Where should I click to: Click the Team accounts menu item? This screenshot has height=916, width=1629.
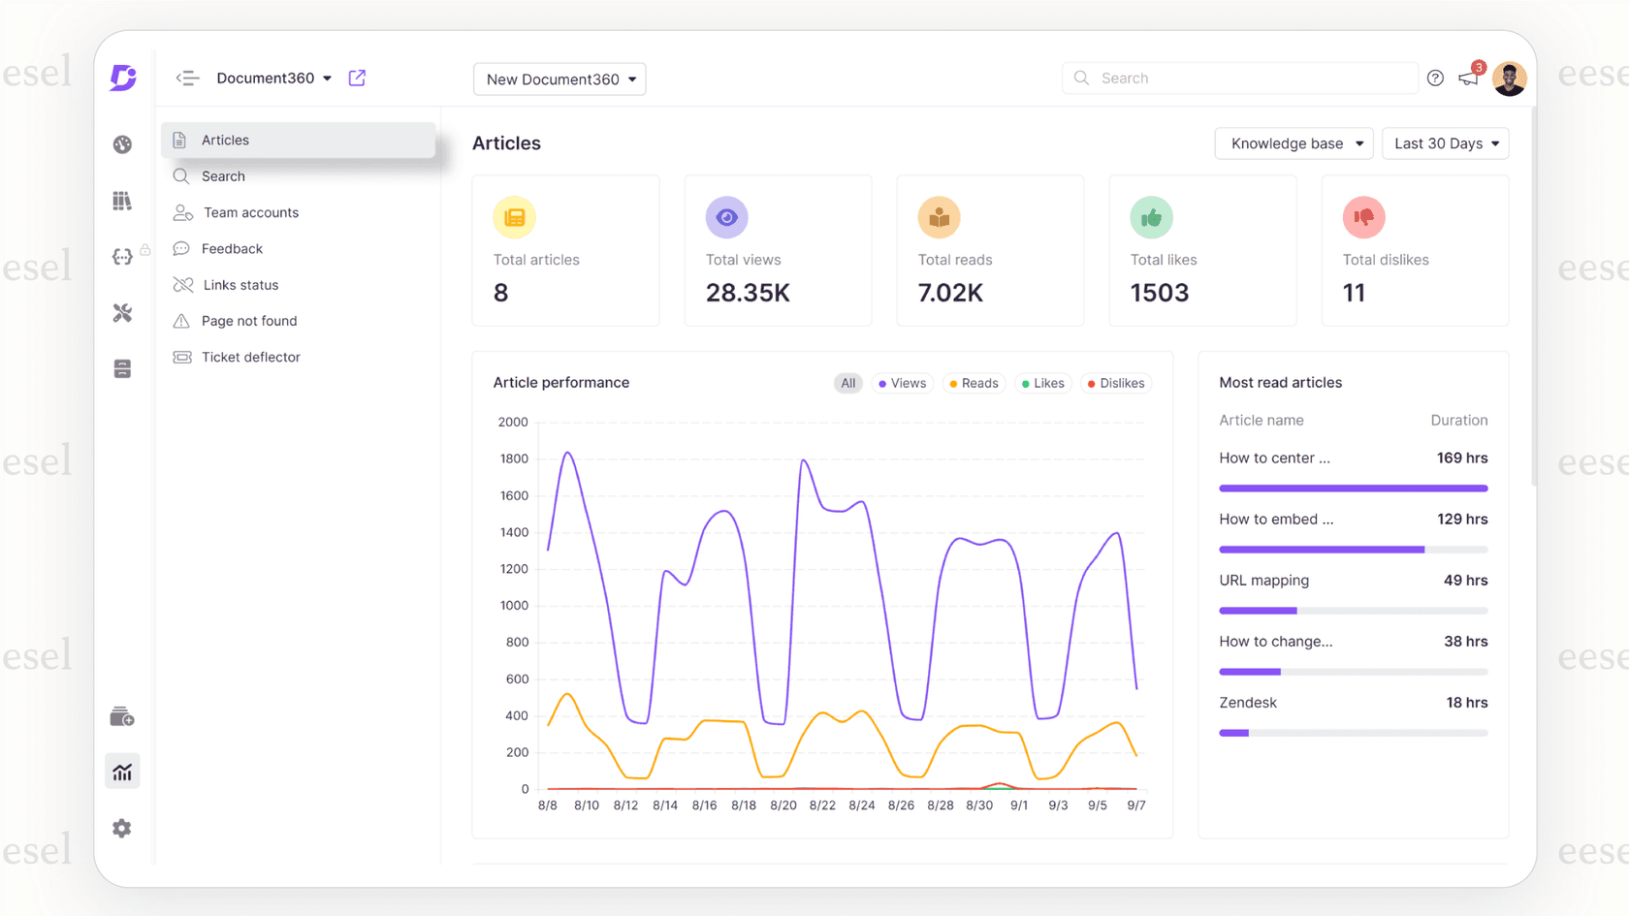pos(250,212)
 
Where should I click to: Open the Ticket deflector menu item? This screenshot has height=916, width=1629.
pos(250,357)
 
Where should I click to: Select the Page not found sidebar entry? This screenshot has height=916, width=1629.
pos(248,321)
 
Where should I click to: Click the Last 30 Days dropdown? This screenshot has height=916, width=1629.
pos(1445,143)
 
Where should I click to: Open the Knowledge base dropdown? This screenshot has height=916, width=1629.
pos(1294,143)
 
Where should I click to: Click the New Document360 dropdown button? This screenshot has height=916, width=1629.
pos(559,79)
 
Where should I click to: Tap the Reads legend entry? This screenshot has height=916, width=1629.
pos(974,383)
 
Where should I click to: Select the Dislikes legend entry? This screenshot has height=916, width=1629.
pos(1116,383)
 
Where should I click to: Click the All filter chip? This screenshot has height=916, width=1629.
pos(848,383)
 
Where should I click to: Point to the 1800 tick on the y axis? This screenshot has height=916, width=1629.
pos(514,458)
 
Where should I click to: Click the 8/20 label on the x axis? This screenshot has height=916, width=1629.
pos(783,805)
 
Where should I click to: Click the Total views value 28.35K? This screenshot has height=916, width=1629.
pos(748,293)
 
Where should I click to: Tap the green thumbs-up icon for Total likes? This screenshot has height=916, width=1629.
pos(1151,217)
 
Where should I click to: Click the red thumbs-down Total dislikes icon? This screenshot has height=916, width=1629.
pos(1363,217)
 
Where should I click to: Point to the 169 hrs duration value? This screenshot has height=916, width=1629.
pos(1461,458)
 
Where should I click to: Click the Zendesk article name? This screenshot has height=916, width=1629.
pos(1248,703)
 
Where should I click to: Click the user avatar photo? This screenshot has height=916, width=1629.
pos(1509,79)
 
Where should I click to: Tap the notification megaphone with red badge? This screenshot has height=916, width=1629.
pos(1469,78)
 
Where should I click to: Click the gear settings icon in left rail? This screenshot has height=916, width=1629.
pos(122,828)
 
